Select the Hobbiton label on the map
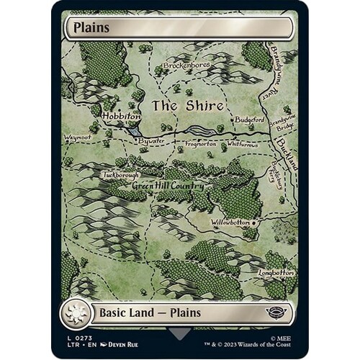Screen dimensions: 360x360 pos(117,115)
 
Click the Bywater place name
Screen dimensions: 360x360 pos(152,142)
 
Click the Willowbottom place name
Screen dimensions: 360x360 pos(235,222)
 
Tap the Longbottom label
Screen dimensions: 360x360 pos(276,273)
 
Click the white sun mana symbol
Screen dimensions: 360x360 pos(74,315)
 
